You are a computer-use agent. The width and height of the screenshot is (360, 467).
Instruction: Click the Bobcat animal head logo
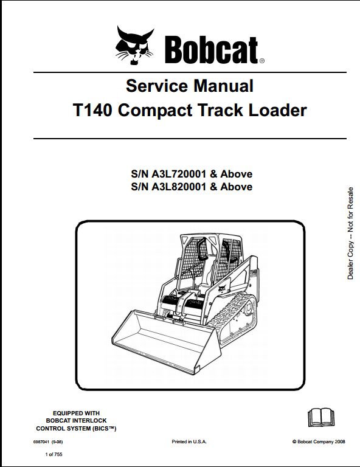click(134, 45)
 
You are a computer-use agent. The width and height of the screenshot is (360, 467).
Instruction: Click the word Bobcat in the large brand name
click(212, 50)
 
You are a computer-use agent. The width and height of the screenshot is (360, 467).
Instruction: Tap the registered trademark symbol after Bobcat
click(261, 61)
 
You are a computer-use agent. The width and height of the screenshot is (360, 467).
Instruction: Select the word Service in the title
click(157, 86)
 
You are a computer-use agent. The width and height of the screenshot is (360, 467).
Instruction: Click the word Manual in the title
click(223, 86)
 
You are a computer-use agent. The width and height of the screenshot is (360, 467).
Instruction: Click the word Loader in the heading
click(277, 110)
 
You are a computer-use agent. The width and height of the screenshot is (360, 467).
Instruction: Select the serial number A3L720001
click(179, 174)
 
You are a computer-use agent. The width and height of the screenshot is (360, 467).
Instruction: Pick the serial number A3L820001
click(179, 187)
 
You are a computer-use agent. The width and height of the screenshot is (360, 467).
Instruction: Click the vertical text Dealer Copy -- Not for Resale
click(350, 233)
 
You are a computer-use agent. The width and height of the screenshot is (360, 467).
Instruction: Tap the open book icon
click(320, 417)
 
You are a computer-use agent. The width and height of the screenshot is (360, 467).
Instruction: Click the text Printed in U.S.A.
click(189, 441)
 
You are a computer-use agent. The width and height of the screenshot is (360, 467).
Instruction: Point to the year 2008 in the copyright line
click(340, 441)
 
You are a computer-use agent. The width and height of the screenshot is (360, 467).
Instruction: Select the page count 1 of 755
click(54, 454)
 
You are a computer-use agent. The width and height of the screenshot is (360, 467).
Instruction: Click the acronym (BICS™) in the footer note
click(105, 429)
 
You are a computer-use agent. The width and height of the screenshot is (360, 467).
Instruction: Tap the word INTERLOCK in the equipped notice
click(89, 421)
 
